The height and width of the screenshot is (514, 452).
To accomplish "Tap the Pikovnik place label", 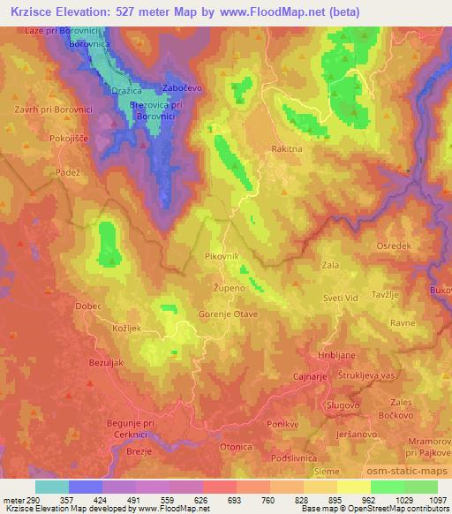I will (x=221, y=255).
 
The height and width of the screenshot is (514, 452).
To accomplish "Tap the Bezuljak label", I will (x=112, y=362).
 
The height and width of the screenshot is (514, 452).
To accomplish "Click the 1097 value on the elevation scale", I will (x=433, y=500).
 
